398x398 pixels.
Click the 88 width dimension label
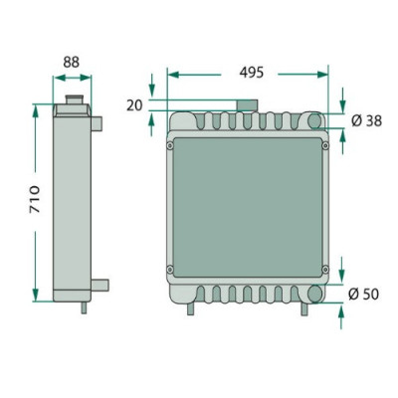click(x=72, y=62)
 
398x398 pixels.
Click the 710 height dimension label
click(x=35, y=199)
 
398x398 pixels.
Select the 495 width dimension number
click(x=252, y=73)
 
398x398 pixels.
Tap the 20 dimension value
click(x=134, y=105)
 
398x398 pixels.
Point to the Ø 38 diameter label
click(x=366, y=121)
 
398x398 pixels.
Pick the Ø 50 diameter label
click(x=363, y=295)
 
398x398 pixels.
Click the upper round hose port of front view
click(x=314, y=120)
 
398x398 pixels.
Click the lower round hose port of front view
click(x=314, y=294)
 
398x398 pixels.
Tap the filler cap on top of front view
click(x=247, y=105)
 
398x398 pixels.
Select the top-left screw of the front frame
click(x=170, y=146)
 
